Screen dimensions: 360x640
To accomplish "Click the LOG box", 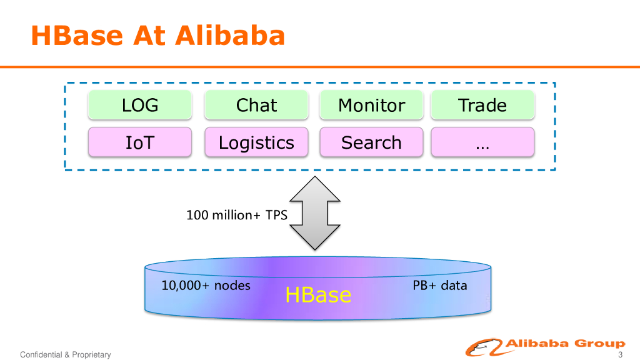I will tap(140, 105).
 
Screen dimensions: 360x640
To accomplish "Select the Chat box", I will tap(256, 105).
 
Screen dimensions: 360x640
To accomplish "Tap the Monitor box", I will tap(371, 105).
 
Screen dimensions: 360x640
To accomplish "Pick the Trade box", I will tap(482, 105).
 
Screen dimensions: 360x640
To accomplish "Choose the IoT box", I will tap(140, 142).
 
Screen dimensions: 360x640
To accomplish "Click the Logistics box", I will tap(256, 142).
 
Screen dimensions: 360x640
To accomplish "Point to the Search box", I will tap(371, 142).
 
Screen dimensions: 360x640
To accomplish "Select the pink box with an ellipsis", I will tap(482, 142).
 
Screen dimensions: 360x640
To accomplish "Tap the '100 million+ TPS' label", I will tap(237, 216).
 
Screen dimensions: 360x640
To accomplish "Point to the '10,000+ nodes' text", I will tap(206, 286).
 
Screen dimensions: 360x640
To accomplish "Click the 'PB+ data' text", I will tap(440, 286).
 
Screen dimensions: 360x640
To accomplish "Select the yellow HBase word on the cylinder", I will tap(318, 294).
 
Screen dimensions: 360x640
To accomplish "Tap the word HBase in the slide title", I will tap(76, 36).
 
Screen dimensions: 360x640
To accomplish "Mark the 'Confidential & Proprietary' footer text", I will tap(66, 355).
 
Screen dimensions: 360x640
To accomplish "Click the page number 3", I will tap(620, 355).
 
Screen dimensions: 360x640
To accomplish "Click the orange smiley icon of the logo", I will tap(486, 347).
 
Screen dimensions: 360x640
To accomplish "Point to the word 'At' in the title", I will tap(149, 36).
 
